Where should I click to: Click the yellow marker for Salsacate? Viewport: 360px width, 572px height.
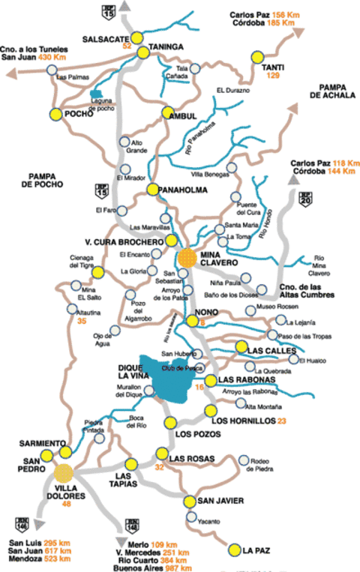coord(137,37)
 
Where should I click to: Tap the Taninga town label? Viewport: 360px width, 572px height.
coord(166,46)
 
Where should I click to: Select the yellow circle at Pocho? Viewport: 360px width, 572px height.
coord(55,114)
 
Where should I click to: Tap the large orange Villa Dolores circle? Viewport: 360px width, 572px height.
coord(64,473)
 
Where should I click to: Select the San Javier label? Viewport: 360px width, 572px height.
coord(220,502)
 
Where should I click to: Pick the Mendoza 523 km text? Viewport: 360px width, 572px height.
coord(36,559)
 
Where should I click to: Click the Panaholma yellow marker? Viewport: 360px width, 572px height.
coord(153,190)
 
